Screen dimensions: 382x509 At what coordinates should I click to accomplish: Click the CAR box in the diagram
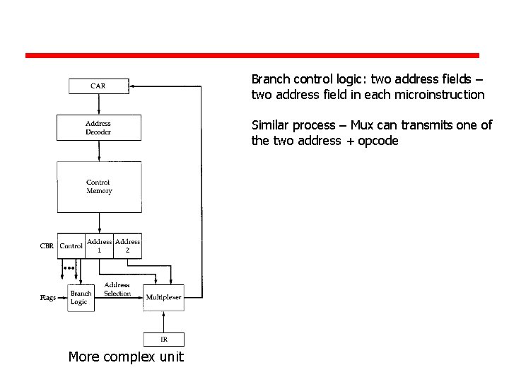coord(98,86)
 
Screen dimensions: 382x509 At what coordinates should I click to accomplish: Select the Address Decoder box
coord(98,127)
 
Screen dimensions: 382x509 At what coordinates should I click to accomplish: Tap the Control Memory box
coord(99,187)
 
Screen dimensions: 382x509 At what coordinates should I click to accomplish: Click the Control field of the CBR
coord(71,246)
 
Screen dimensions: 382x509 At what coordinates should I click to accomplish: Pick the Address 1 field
coord(100,246)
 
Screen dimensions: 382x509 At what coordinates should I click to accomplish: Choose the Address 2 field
coord(127,246)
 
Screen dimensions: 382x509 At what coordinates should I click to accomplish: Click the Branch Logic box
coord(81,298)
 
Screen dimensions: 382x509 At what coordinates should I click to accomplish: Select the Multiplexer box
coord(163,298)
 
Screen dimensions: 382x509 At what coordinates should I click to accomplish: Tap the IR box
coord(163,340)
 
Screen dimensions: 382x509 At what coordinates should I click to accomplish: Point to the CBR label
coord(47,246)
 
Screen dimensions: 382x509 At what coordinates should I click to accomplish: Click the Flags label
coord(48,298)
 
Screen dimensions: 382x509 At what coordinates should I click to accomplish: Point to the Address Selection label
coord(117,289)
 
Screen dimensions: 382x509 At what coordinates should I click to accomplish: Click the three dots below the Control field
coord(69,269)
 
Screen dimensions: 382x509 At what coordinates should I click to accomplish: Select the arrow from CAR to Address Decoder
coord(99,103)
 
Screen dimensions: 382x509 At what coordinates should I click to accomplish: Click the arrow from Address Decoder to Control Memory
coord(99,151)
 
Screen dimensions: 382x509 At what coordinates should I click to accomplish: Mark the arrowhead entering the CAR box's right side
coord(133,86)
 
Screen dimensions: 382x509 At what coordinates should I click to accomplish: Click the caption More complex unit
coord(126,357)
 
